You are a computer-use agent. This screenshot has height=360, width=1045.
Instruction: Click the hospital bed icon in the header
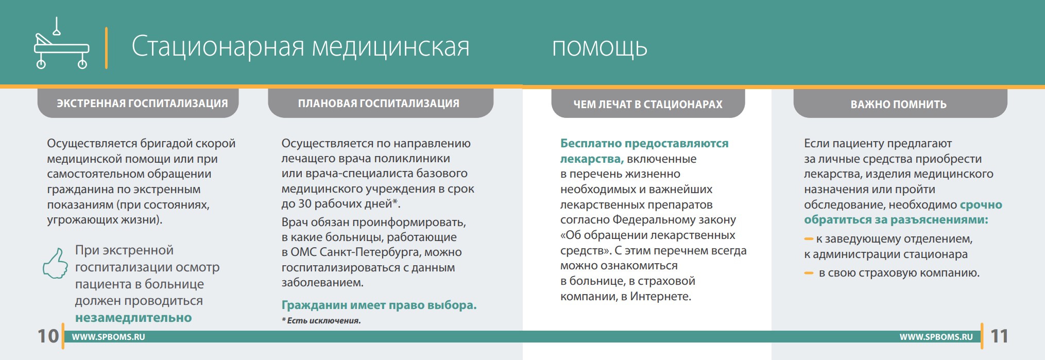(x=61, y=43)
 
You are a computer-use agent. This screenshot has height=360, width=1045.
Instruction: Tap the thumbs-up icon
(x=55, y=263)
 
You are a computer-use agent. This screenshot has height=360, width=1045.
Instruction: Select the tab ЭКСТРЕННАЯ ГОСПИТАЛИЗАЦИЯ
(x=138, y=103)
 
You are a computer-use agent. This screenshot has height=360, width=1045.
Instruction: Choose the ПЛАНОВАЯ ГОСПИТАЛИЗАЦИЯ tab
(x=380, y=103)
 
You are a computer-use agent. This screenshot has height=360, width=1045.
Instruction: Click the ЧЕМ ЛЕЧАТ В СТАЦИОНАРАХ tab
(x=648, y=104)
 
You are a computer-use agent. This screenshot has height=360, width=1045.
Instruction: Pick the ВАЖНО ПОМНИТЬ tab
(x=900, y=104)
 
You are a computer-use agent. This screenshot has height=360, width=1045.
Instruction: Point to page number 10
(x=48, y=336)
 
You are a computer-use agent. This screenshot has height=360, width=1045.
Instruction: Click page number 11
(x=999, y=336)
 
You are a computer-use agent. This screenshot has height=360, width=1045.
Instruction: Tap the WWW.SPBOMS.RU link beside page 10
(x=108, y=337)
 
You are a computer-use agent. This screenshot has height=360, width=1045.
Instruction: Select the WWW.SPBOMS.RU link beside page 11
(x=936, y=337)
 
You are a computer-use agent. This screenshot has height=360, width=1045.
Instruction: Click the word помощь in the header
(x=599, y=47)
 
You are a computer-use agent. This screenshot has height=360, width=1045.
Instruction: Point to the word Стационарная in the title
(x=217, y=46)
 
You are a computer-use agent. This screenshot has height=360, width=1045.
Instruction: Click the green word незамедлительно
(x=133, y=318)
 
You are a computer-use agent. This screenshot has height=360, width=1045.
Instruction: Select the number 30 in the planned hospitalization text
(x=304, y=204)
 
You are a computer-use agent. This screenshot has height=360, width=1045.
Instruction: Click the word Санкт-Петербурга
(x=372, y=252)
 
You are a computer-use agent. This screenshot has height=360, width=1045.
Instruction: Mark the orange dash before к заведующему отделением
(x=809, y=239)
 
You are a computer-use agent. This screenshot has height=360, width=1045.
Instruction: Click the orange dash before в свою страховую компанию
(x=809, y=273)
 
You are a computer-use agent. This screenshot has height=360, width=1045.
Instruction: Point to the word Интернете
(x=660, y=296)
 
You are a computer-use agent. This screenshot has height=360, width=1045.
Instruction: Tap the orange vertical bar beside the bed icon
(x=106, y=48)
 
